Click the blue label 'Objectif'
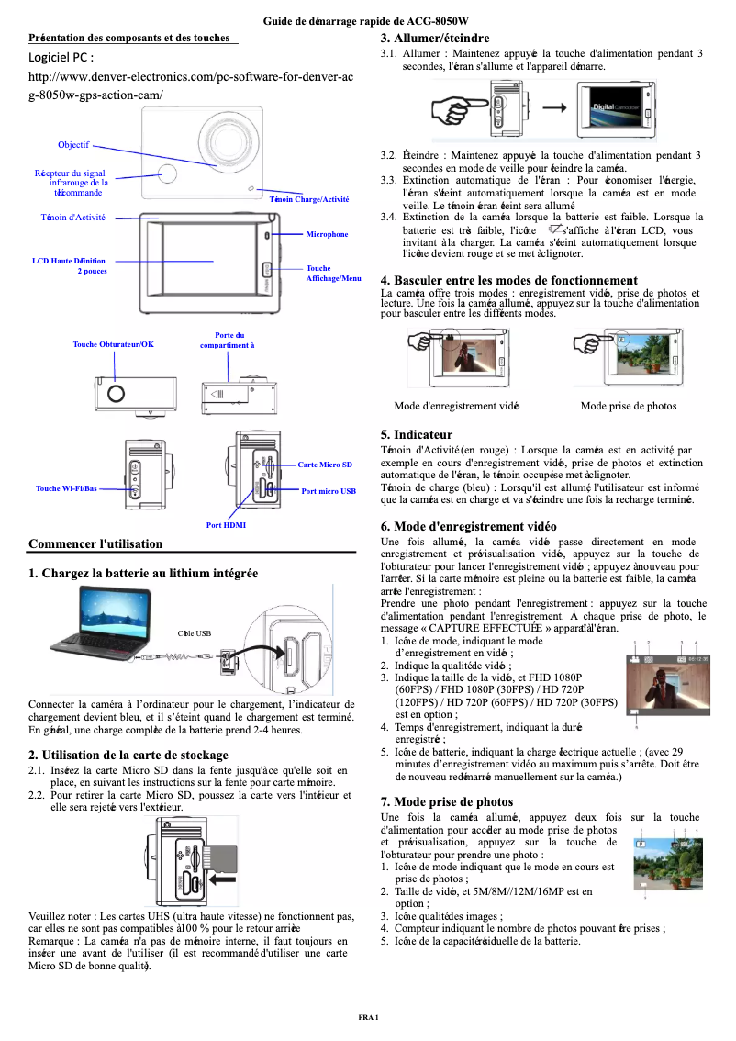[73, 145]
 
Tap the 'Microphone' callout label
[327, 234]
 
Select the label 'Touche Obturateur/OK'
[114, 344]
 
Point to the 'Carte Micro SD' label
[325, 465]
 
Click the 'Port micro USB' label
[329, 491]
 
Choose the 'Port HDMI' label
[226, 525]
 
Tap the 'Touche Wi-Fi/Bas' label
[66, 488]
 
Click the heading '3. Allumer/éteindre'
[435, 39]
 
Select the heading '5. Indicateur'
[416, 434]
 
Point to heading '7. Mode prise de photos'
[447, 801]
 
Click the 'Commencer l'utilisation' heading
[95, 544]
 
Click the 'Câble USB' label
[195, 633]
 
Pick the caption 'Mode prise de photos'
[629, 406]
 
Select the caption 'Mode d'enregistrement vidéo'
[457, 406]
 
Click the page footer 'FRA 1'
[368, 1019]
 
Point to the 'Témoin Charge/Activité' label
[309, 199]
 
